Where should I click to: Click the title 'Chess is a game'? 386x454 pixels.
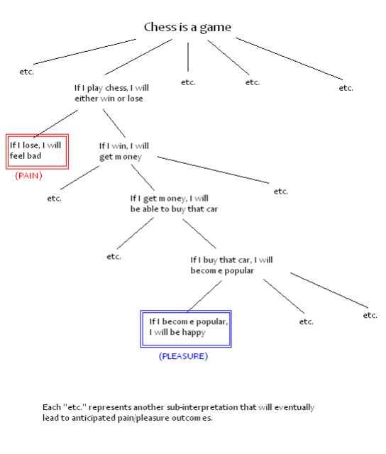tap(187, 28)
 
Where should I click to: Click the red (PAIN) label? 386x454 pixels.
tap(28, 175)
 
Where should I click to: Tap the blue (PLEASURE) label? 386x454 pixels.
tap(183, 356)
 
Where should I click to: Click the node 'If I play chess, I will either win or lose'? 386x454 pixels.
tap(111, 93)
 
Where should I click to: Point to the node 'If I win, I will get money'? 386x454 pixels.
tap(124, 151)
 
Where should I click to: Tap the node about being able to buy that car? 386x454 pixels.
tap(174, 204)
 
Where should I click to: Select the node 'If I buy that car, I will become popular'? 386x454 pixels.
tap(231, 265)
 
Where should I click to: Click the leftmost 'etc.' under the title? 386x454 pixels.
tap(27, 72)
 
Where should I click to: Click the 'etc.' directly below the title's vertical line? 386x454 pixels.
tap(188, 82)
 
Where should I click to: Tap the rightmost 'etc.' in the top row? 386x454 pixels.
tap(346, 88)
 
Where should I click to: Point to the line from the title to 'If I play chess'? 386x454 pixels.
tap(138, 57)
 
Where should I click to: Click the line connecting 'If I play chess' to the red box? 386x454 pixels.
tap(55, 123)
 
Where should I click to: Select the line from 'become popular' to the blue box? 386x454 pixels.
tap(204, 297)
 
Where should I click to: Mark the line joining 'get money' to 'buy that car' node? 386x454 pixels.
tap(143, 177)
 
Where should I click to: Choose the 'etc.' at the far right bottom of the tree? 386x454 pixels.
tap(370, 315)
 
